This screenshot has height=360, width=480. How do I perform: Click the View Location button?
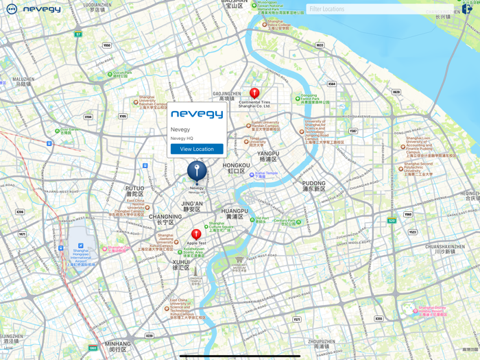[197, 149]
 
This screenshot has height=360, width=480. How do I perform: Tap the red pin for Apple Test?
[196, 235]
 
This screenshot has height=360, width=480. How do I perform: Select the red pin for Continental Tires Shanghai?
[254, 93]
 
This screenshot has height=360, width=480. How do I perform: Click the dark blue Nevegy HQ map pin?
[197, 171]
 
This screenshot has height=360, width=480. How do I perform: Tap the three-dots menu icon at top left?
[12, 9]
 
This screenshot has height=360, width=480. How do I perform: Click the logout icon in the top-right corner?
[467, 9]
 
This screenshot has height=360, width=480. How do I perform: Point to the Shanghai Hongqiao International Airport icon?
[81, 245]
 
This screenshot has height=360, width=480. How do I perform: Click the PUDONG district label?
[314, 186]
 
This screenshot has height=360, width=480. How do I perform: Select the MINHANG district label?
[118, 346]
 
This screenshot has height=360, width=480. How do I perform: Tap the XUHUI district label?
[181, 264]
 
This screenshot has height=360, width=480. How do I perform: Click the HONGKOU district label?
[237, 168]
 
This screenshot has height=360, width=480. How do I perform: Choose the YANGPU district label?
[269, 156]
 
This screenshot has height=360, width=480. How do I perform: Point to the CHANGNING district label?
[165, 219]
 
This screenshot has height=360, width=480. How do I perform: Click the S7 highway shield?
[78, 34]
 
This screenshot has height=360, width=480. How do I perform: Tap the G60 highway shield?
[93, 348]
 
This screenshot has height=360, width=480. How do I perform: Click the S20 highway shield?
[392, 221]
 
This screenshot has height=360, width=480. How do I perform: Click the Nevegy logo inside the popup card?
[197, 115]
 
